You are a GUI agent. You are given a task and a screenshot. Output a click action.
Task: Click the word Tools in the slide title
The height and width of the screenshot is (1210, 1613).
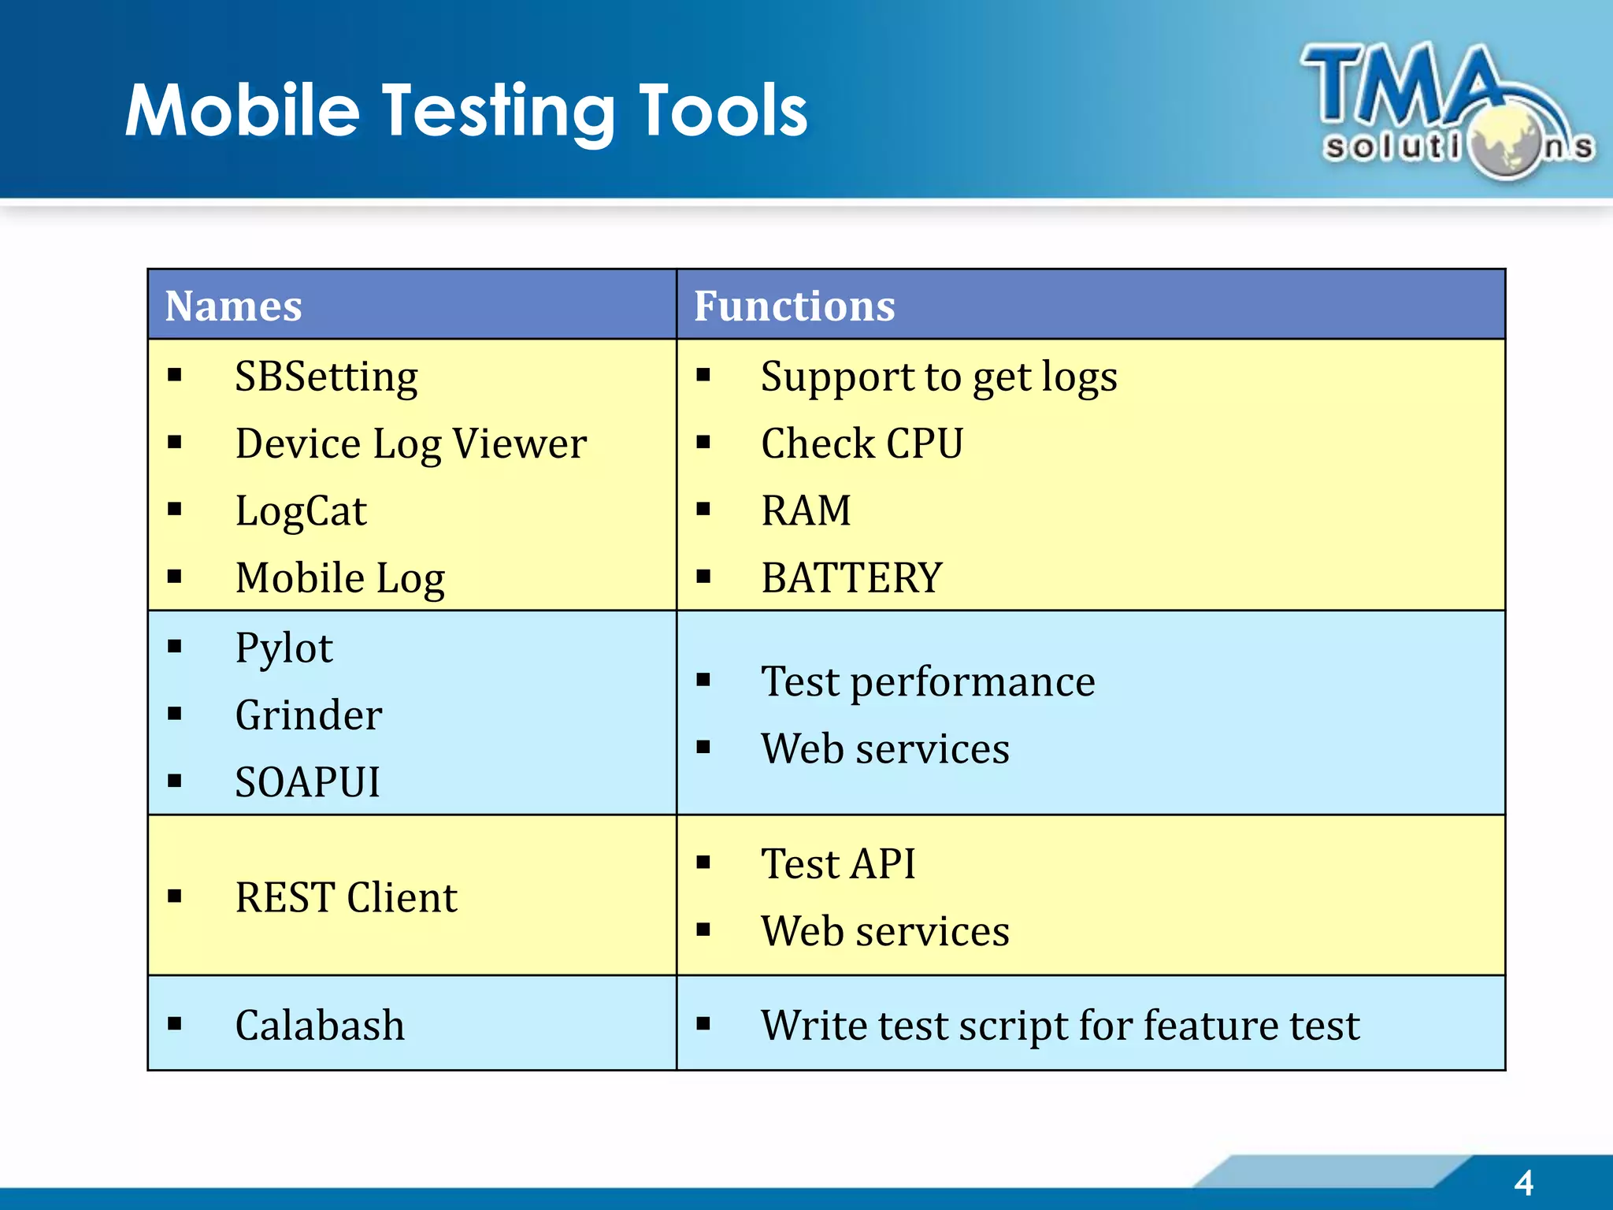[722, 111]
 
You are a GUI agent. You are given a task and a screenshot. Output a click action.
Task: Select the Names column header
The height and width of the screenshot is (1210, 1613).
[233, 306]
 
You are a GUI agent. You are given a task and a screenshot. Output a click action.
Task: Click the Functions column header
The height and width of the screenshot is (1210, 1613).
[794, 306]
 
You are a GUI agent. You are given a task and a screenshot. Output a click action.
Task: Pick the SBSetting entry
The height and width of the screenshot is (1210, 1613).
[326, 377]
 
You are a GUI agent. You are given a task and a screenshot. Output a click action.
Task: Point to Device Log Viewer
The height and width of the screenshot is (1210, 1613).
[410, 444]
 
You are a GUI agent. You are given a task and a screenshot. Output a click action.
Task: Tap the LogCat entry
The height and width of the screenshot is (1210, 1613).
[301, 511]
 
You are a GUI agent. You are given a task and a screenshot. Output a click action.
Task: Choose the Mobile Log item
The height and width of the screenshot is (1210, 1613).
[340, 578]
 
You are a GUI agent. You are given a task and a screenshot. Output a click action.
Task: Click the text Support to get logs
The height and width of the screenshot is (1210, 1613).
[939, 377]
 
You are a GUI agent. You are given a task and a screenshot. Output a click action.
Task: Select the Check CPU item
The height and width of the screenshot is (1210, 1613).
[862, 444]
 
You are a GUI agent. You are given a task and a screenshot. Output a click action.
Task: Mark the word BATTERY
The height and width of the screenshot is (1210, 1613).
[851, 578]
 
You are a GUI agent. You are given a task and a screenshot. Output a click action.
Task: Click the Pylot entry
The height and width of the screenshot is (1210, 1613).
[284, 648]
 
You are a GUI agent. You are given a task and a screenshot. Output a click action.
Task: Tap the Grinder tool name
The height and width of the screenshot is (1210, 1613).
[308, 715]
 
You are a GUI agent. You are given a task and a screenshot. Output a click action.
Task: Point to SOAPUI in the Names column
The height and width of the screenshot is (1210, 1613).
[307, 782]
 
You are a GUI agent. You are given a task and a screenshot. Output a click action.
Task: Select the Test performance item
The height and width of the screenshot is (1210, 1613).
[928, 681]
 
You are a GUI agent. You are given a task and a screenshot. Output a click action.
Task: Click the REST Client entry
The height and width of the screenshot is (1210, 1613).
[346, 897]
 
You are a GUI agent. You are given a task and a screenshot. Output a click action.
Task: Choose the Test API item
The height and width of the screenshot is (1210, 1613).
[838, 863]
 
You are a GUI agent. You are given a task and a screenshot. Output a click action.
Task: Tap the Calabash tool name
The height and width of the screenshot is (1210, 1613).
[320, 1025]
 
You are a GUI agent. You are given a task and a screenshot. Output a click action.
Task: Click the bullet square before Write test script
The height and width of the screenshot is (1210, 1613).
[703, 1024]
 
